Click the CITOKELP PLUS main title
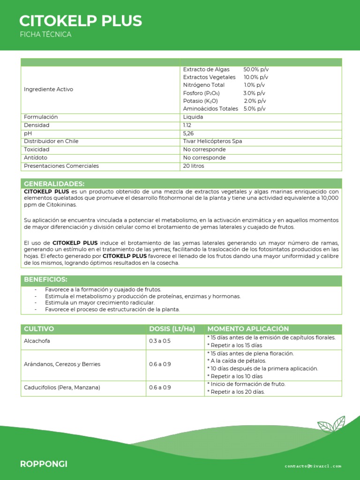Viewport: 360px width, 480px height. tap(81, 21)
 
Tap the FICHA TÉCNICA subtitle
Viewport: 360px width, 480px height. tap(45, 35)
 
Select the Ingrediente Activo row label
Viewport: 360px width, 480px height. tap(48, 89)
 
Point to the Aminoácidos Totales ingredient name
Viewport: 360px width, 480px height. tap(210, 109)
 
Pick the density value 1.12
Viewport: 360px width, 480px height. tap(187, 126)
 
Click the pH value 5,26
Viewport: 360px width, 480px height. tap(188, 134)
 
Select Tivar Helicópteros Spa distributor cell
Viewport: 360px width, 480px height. tap(212, 141)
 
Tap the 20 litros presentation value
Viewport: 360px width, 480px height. tap(194, 166)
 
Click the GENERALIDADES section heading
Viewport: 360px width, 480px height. tap(54, 183)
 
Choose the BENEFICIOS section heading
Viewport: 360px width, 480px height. tap(45, 280)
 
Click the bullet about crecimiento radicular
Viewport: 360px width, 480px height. tap(99, 303)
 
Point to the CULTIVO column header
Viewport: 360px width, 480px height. tap(39, 329)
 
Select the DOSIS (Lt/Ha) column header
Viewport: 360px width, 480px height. tap(172, 329)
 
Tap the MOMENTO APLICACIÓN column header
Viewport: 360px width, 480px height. tap(248, 329)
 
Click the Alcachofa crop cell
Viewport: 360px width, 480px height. tap(37, 341)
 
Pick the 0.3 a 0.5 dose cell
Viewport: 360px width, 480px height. tap(160, 341)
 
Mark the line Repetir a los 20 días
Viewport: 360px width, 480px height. tap(236, 392)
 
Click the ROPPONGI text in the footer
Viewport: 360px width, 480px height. tap(44, 464)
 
